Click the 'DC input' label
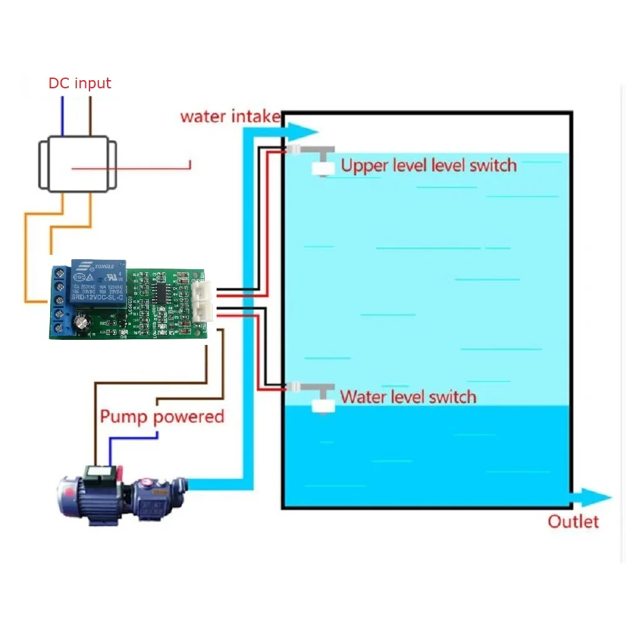(x=80, y=83)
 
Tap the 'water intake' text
(x=230, y=116)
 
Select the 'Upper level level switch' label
(x=429, y=166)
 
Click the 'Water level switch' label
(x=408, y=397)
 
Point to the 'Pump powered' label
(x=162, y=417)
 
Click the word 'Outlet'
(x=573, y=521)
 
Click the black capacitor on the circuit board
(x=82, y=324)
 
